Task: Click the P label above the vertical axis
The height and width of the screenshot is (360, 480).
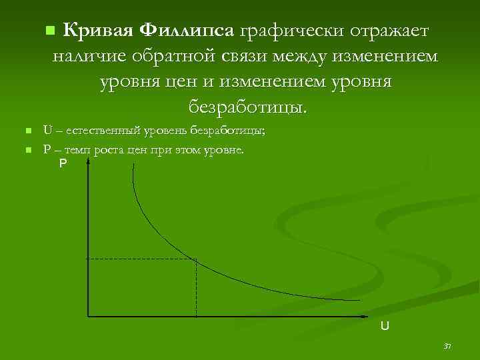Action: point(63,163)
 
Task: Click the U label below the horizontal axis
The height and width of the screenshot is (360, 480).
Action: point(385,326)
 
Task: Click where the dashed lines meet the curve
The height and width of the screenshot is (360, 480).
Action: point(196,259)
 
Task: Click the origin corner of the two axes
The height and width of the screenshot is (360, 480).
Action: point(88,315)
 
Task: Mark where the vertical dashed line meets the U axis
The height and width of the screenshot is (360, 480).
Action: point(196,315)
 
